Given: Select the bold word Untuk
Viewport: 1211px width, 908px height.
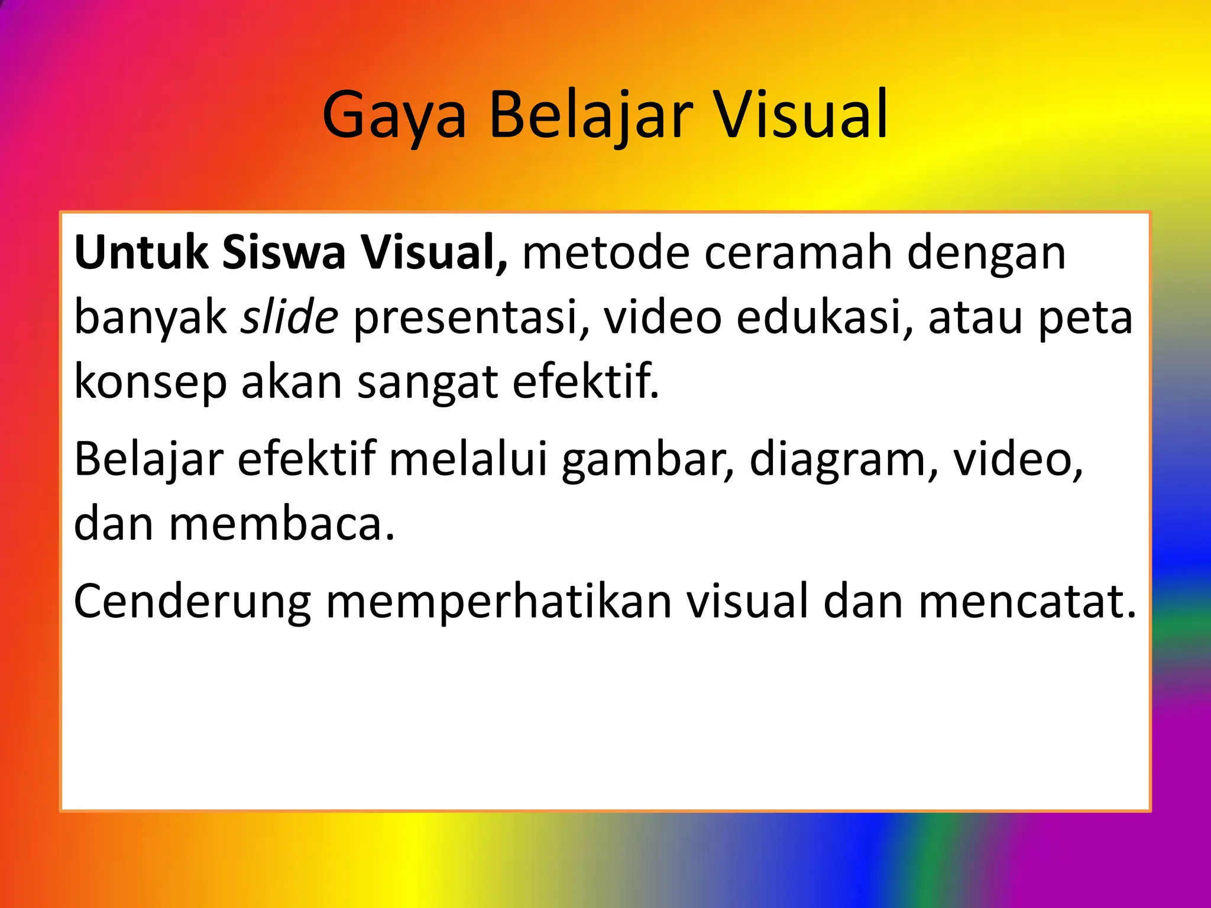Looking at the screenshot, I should [x=141, y=253].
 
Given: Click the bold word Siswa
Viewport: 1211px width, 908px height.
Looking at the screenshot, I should [x=284, y=253].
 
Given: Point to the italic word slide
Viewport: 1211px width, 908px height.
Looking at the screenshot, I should [x=290, y=317].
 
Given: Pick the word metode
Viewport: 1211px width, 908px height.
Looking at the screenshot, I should [x=606, y=253].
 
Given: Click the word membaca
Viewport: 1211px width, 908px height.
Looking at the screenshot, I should [x=281, y=524].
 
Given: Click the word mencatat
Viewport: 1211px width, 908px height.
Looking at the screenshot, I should [x=1027, y=602].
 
